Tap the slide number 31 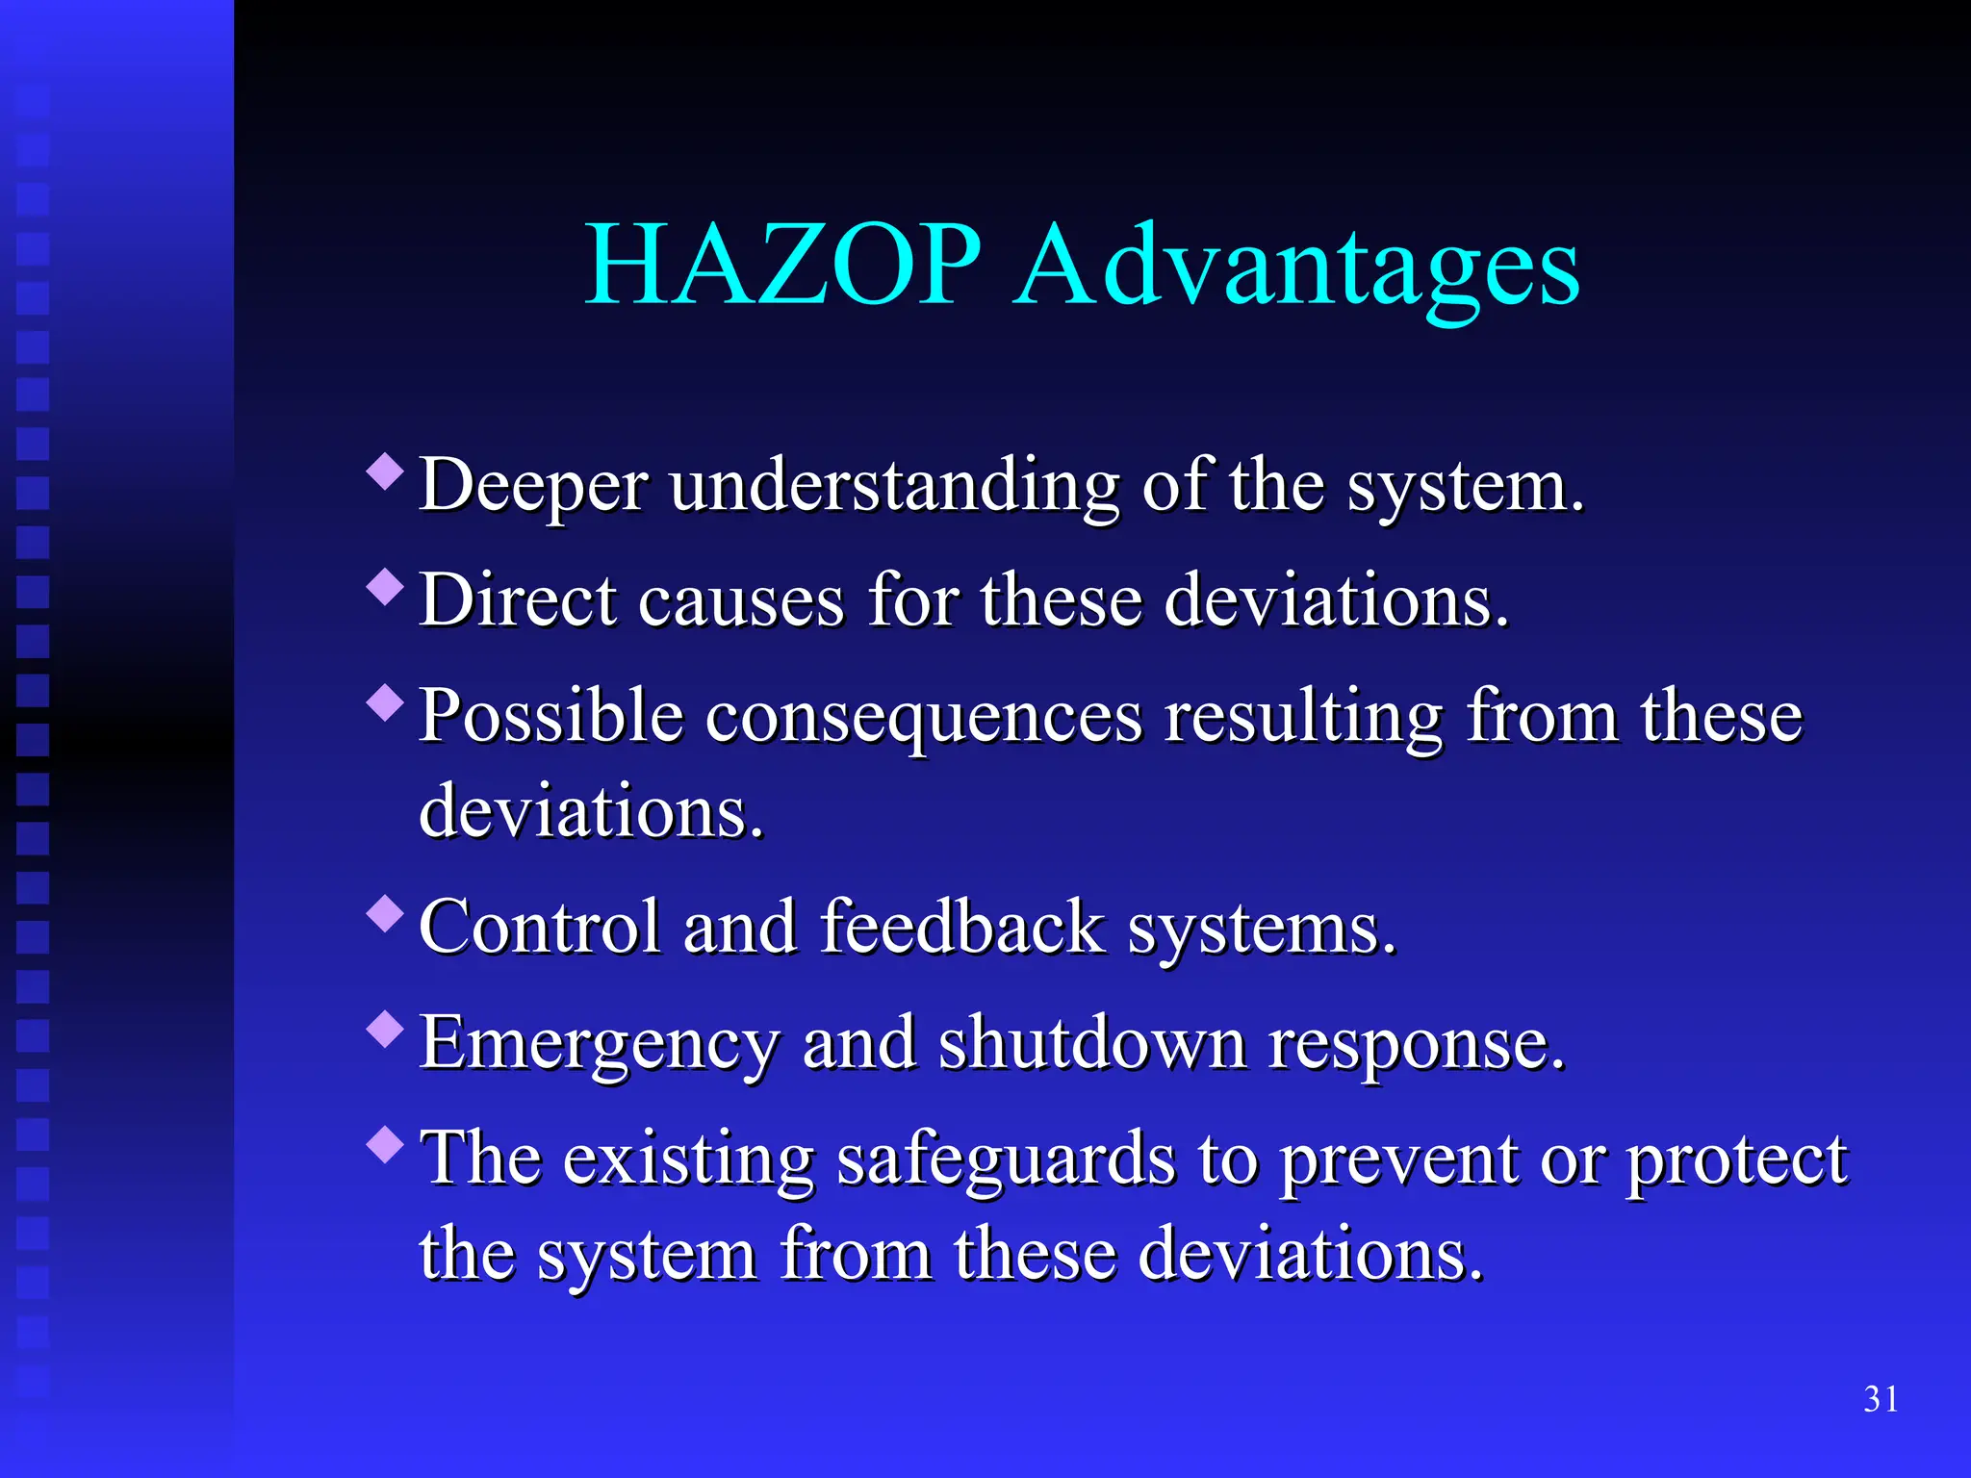click(1881, 1399)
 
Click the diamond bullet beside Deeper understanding click(386, 471)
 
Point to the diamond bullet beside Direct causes click(386, 587)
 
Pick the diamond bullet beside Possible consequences click(386, 702)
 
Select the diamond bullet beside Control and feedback click(386, 914)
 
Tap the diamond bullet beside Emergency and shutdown click(386, 1030)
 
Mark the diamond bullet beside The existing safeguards click(386, 1145)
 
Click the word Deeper click(533, 486)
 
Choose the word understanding click(895, 486)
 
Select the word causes click(741, 601)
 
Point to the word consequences click(924, 718)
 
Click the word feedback click(962, 928)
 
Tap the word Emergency click(599, 1045)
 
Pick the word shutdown click(1091, 1043)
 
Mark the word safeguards click(1006, 1160)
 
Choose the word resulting click(1304, 718)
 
